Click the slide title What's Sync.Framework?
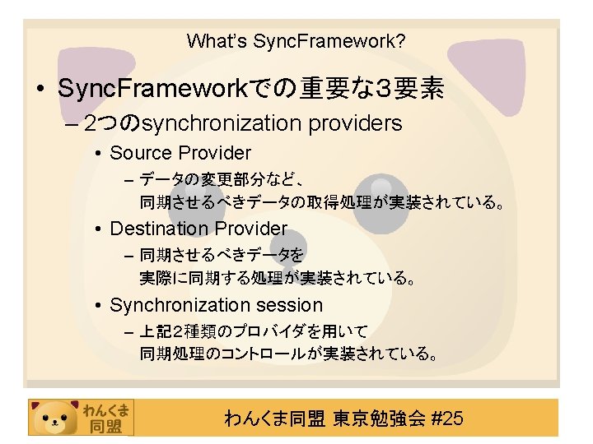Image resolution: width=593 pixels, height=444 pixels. point(296,40)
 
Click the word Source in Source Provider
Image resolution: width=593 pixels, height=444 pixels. point(141,153)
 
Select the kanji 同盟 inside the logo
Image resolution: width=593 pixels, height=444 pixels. point(105,426)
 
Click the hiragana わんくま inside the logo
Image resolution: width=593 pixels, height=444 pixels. point(105,408)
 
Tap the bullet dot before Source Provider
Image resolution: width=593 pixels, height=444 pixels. point(98,154)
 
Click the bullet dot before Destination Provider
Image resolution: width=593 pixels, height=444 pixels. point(98,229)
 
